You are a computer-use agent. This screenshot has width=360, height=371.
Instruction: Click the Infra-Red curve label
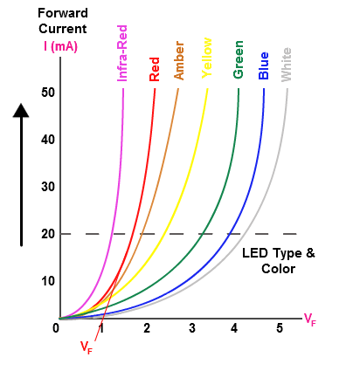pos(123,52)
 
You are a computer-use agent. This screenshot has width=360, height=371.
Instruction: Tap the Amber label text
pos(179,59)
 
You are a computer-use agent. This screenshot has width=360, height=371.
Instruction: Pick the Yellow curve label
pos(207,58)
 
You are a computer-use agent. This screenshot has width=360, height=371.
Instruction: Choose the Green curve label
pos(238,59)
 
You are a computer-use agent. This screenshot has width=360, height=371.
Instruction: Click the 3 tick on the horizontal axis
pos(190,328)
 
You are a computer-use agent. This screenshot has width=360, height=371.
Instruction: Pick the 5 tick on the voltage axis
pos(280,328)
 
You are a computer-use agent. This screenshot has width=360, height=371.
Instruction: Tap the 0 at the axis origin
pos(56,328)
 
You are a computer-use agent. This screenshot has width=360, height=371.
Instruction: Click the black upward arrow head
pos(22,111)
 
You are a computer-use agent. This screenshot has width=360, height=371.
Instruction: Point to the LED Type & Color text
pos(277,260)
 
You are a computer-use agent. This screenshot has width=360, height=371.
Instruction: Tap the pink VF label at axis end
pos(310,319)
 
